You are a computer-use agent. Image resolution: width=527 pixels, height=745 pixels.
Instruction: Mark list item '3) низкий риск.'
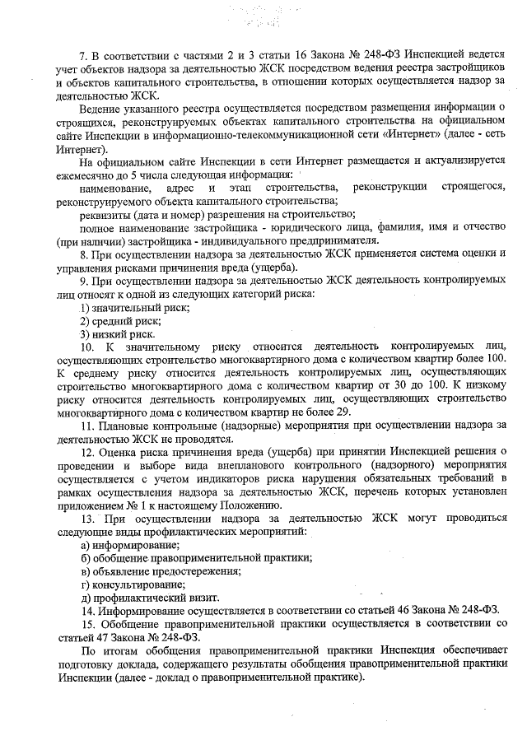click(117, 333)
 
